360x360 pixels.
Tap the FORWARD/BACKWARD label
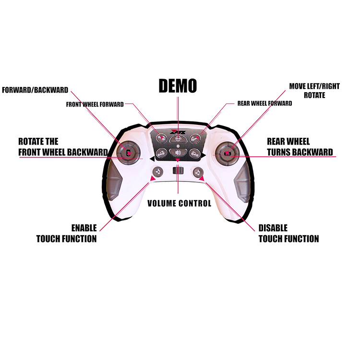click(x=35, y=90)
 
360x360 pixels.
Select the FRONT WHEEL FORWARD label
click(x=95, y=104)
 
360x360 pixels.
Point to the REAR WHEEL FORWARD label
click(x=264, y=103)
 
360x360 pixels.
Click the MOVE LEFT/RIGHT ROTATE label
click(x=314, y=91)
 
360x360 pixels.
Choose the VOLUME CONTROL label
click(x=179, y=204)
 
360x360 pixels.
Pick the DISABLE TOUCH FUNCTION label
click(x=288, y=233)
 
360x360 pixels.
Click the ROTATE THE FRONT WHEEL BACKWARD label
click(x=62, y=147)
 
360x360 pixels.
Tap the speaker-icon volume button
click(x=178, y=154)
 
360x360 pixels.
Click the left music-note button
click(x=157, y=171)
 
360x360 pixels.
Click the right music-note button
click(x=197, y=171)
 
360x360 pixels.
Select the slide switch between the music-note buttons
click(x=178, y=171)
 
